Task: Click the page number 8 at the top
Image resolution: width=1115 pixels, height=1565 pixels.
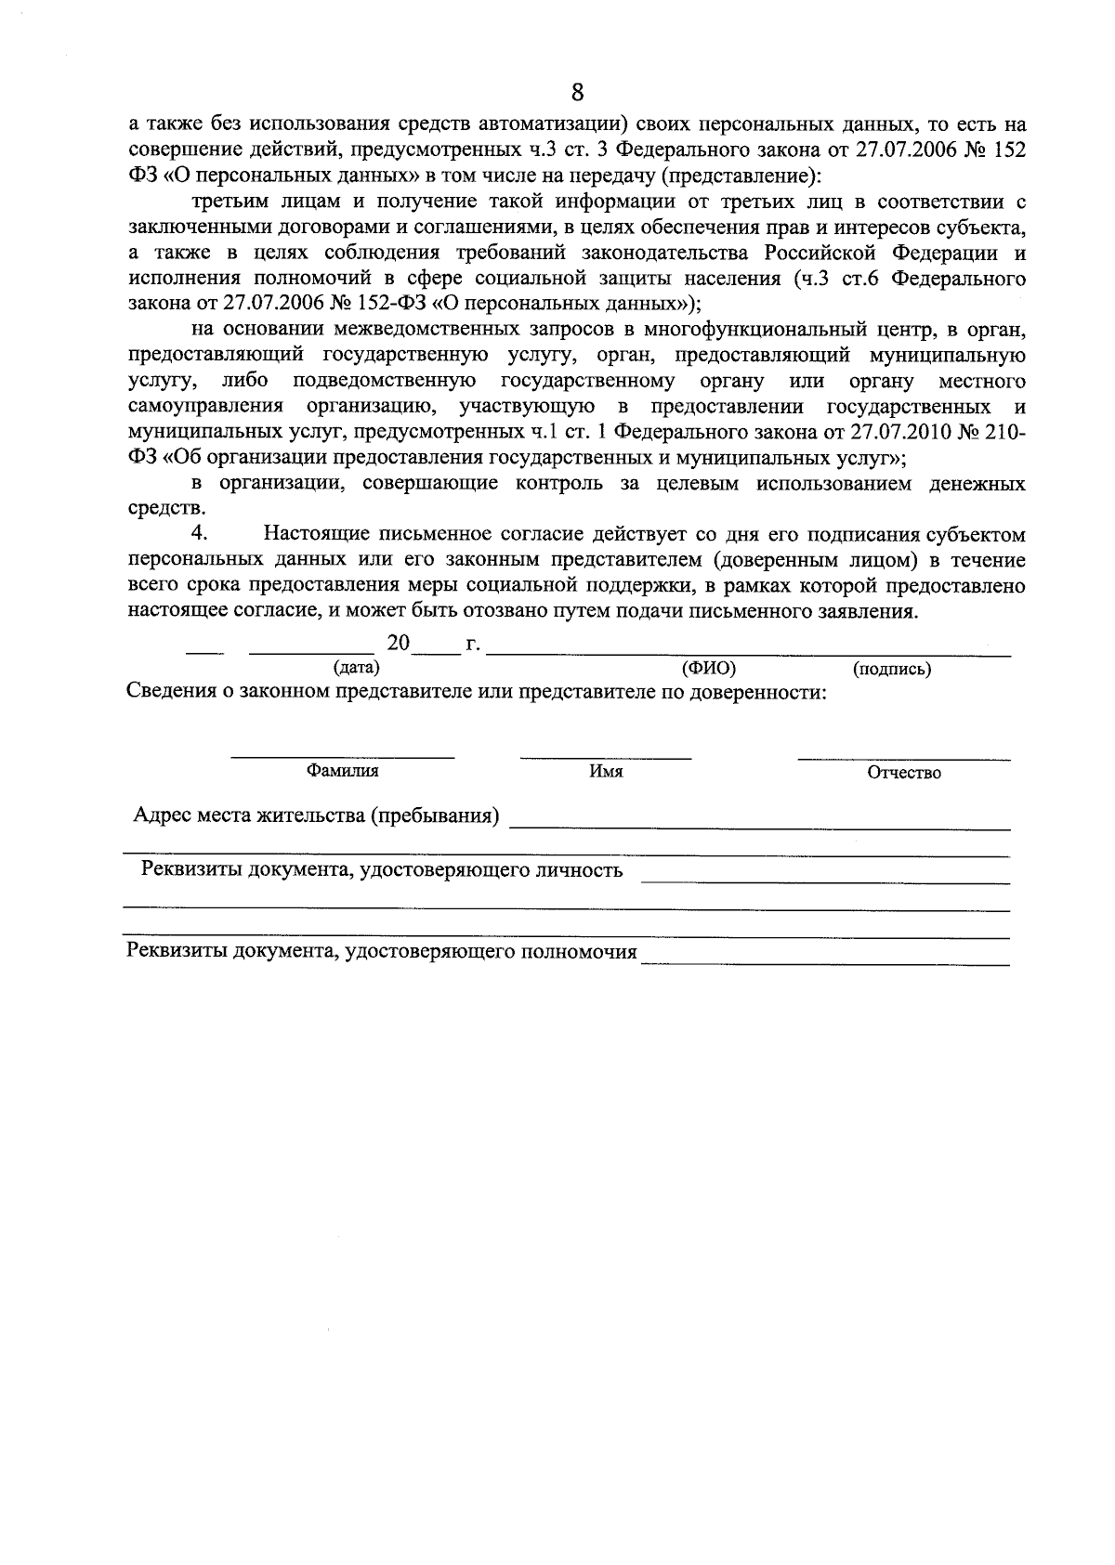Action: (577, 92)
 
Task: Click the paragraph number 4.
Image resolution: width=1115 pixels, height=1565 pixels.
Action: (196, 533)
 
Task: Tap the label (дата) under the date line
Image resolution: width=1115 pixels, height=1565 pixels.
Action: (356, 667)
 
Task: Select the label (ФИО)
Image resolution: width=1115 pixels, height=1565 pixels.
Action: (708, 667)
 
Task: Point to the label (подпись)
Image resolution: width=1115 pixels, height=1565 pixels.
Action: (892, 668)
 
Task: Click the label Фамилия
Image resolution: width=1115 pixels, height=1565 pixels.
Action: (343, 770)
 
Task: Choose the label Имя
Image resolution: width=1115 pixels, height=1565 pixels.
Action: (606, 771)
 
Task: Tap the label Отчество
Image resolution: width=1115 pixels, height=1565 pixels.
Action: (903, 772)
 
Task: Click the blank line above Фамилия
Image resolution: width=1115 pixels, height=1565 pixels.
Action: (343, 757)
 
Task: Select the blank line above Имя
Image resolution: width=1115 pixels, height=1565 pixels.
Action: (606, 758)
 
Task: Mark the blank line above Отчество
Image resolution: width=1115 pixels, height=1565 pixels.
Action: (903, 759)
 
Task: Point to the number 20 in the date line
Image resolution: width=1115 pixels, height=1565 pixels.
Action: (399, 643)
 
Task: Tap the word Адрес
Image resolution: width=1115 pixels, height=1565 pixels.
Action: (162, 815)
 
